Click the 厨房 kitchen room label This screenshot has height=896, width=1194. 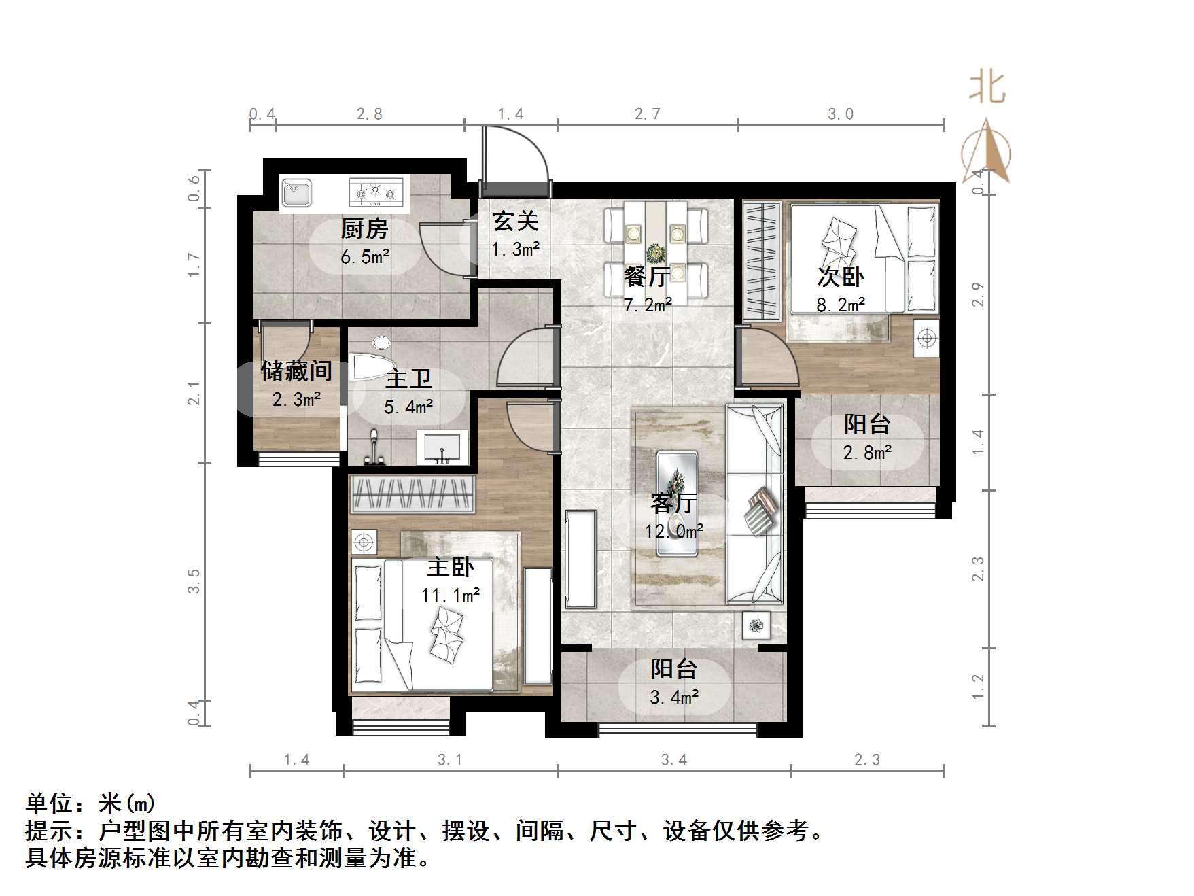(364, 229)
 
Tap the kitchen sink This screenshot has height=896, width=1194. (296, 192)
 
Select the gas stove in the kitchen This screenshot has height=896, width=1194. (376, 192)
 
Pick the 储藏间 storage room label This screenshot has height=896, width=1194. (296, 371)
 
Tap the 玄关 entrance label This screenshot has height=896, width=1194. (515, 222)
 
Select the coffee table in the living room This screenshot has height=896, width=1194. (677, 503)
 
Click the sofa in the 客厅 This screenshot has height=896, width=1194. (755, 503)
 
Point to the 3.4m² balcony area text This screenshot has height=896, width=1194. (674, 697)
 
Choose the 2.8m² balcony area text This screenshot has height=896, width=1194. (867, 453)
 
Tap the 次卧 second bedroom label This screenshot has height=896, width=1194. (841, 277)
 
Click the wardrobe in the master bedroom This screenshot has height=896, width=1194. (412, 494)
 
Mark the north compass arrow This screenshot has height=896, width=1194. (986, 151)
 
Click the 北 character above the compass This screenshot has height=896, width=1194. (987, 88)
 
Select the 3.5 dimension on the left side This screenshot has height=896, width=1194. (194, 581)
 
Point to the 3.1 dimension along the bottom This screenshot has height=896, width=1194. (450, 760)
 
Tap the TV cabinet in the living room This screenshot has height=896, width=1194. (581, 559)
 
